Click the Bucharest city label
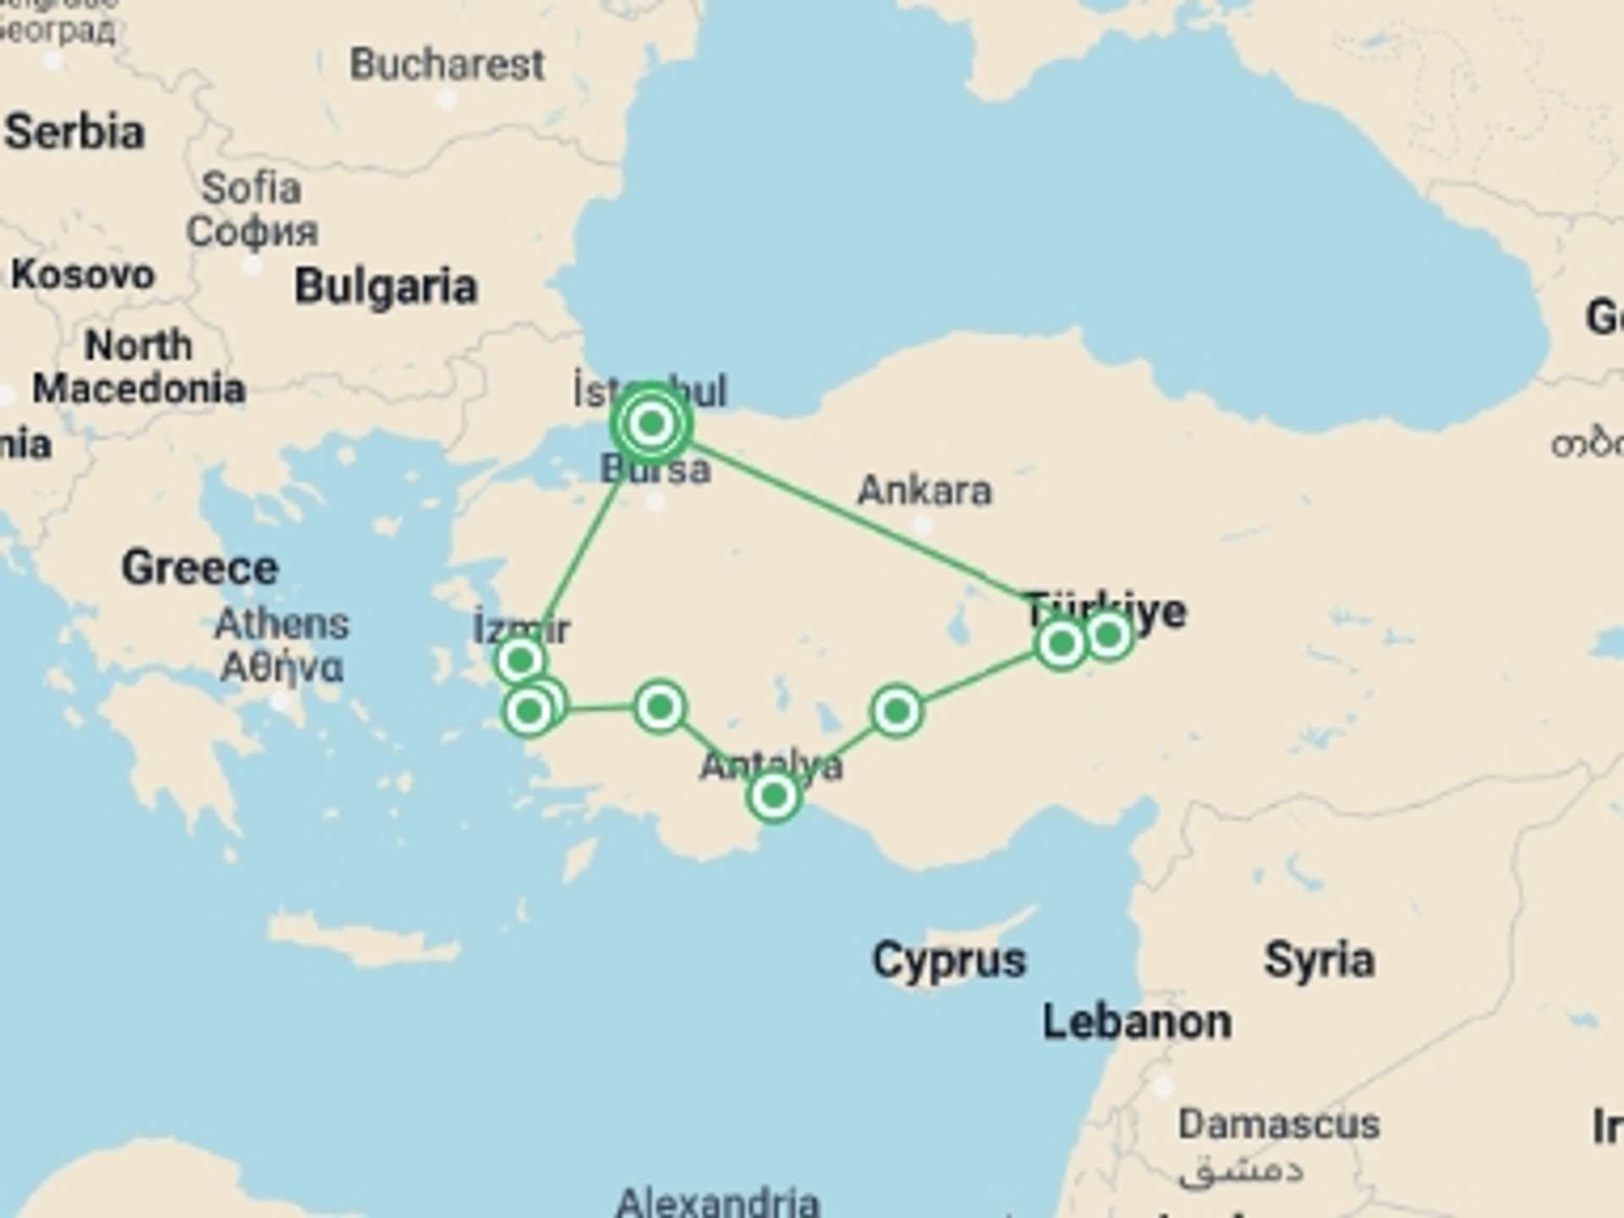(x=447, y=64)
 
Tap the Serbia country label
(x=74, y=133)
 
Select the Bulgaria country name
(x=386, y=287)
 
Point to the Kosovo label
(x=82, y=275)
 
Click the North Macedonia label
(x=139, y=367)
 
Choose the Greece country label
(x=200, y=568)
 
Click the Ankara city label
(x=924, y=491)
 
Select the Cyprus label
(x=948, y=960)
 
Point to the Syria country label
(x=1319, y=960)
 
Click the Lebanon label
(x=1136, y=1022)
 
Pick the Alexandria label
(x=717, y=1201)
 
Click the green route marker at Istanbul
(x=651, y=423)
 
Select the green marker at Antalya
(x=773, y=796)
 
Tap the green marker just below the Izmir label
(x=520, y=660)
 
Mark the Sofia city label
(x=251, y=188)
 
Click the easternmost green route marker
(x=1108, y=634)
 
